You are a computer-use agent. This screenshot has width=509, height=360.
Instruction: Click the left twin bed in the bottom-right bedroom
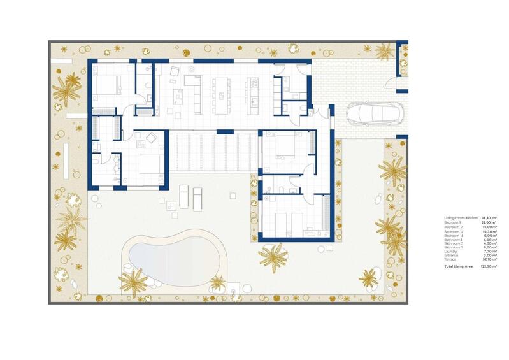[282, 224]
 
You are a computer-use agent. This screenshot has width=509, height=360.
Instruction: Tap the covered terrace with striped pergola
[213, 152]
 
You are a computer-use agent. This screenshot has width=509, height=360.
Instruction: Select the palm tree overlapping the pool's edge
[134, 278]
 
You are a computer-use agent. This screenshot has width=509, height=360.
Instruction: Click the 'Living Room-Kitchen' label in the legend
[457, 218]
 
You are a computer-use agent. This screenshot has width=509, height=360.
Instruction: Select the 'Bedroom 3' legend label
[453, 231]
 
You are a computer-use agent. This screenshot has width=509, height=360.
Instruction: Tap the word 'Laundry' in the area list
[450, 252]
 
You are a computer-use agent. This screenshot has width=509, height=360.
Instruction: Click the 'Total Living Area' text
[458, 266]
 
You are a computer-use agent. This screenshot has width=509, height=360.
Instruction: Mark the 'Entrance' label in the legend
[451, 256]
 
